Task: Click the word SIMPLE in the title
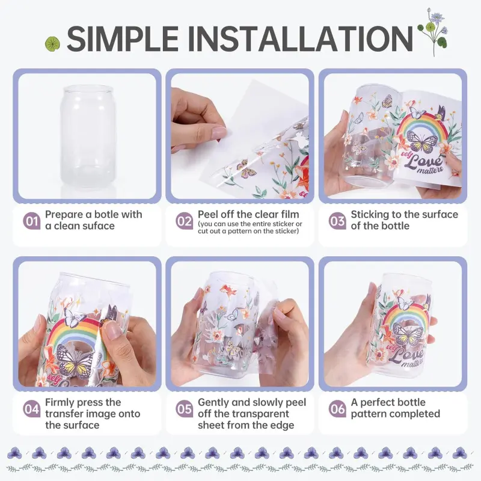pos(123,38)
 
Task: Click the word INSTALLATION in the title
pos(300,38)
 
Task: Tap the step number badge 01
pos(32,221)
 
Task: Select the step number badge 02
pos(185,221)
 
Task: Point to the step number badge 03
pos(337,221)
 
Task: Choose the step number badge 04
pos(32,409)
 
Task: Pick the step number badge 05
pos(185,409)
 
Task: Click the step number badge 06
pos(337,409)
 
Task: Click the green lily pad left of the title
pos(52,43)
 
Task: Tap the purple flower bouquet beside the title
pos(433,32)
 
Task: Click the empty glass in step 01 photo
pos(88,136)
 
